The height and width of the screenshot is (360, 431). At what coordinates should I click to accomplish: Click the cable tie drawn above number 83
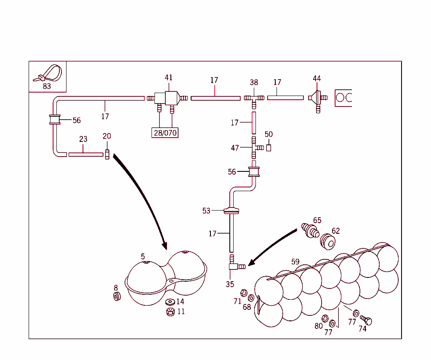(50, 74)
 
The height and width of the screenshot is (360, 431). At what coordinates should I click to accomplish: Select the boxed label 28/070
(165, 133)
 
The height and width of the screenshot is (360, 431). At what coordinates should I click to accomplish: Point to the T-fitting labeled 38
(254, 98)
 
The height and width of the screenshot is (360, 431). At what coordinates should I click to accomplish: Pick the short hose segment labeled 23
(85, 155)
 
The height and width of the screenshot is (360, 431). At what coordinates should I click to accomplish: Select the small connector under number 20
(107, 155)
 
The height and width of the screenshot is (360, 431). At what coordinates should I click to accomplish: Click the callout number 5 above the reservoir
(143, 256)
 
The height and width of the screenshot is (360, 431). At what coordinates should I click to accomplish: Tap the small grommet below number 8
(117, 296)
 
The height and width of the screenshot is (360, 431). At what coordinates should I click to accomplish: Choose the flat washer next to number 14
(170, 302)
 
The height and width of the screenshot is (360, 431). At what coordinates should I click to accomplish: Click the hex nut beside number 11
(170, 312)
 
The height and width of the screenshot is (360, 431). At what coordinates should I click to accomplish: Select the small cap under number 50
(269, 148)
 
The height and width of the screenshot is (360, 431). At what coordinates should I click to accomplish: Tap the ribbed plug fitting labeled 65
(311, 230)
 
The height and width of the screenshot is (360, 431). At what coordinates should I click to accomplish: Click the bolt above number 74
(366, 321)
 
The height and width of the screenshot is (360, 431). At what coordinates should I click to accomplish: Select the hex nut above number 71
(243, 292)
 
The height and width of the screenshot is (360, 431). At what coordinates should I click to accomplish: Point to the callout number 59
(295, 261)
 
